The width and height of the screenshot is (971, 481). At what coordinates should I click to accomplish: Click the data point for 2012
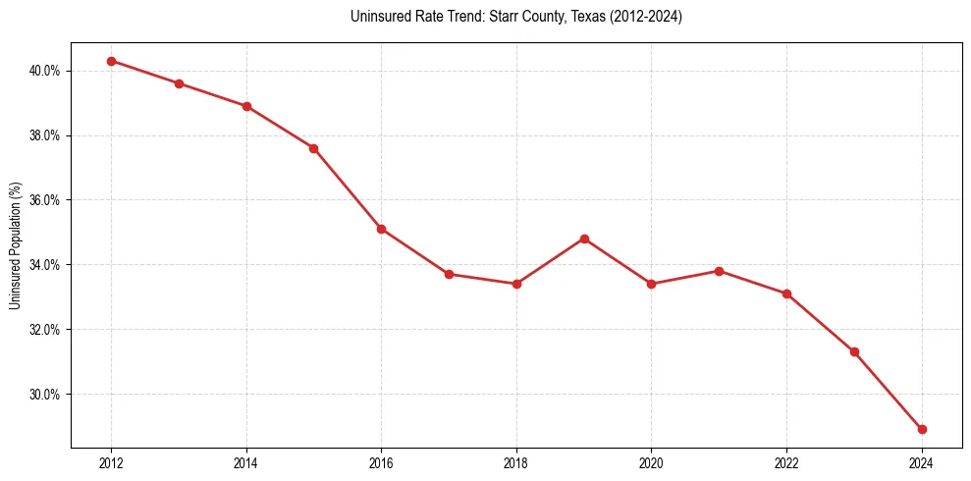pyautogui.click(x=111, y=61)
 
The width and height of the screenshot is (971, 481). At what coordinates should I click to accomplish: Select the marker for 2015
pyautogui.click(x=313, y=148)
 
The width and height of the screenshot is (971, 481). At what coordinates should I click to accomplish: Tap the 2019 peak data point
pyautogui.click(x=584, y=239)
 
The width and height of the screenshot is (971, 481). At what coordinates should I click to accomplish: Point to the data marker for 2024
pyautogui.click(x=922, y=429)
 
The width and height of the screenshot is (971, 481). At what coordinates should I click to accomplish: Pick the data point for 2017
pyautogui.click(x=449, y=274)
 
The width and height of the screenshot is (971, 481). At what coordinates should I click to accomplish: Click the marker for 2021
pyautogui.click(x=719, y=271)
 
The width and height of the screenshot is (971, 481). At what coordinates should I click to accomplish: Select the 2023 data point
pyautogui.click(x=854, y=351)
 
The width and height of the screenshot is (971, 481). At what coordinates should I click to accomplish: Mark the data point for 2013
pyautogui.click(x=179, y=83)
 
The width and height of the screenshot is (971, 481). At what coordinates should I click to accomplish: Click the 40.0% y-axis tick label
pyautogui.click(x=46, y=71)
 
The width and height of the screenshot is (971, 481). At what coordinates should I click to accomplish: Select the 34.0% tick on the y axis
pyautogui.click(x=46, y=265)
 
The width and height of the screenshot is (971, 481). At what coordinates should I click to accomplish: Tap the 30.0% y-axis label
pyautogui.click(x=46, y=395)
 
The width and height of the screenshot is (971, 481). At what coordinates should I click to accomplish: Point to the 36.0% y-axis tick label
pyautogui.click(x=46, y=200)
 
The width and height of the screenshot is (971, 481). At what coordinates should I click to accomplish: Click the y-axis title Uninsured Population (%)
pyautogui.click(x=15, y=245)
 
